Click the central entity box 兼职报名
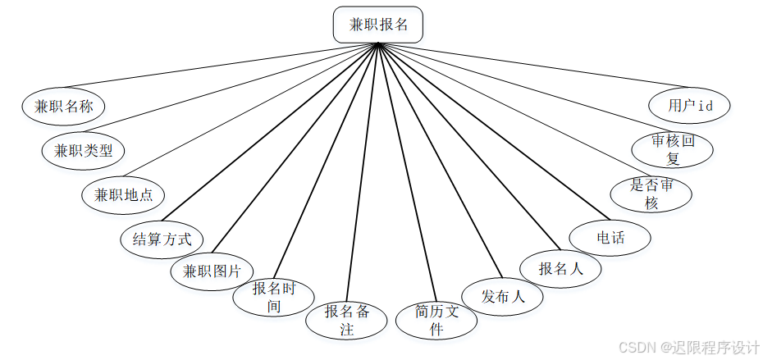coord(377,25)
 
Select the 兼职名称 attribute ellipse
coord(63,106)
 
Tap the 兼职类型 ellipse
coord(83,150)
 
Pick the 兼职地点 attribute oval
coord(123,195)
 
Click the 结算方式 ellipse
coord(162,239)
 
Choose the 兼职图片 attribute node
coord(212,271)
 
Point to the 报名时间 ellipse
coord(273,297)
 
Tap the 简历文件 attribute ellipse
coord(436,320)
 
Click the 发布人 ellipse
coord(503,297)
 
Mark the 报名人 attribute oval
coord(560,268)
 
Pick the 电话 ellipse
coord(610,238)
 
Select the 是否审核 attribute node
coord(651,194)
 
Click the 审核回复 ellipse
coord(673,150)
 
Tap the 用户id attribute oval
coord(689,105)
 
